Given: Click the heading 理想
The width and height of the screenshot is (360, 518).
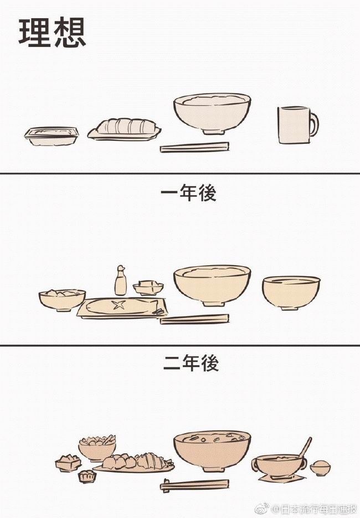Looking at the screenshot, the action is pyautogui.click(x=52, y=32).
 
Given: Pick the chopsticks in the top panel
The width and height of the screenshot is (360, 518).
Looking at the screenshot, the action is pyautogui.click(x=194, y=147).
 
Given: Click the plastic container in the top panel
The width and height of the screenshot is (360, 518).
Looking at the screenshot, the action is pyautogui.click(x=52, y=136).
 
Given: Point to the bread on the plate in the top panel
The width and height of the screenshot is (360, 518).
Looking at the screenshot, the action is pyautogui.click(x=126, y=126).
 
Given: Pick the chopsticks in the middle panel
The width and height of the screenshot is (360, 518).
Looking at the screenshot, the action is pyautogui.click(x=194, y=319).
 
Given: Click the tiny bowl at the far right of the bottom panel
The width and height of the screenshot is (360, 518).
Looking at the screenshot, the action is pyautogui.click(x=320, y=468).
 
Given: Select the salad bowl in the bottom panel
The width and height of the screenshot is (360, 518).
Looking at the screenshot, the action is pyautogui.click(x=97, y=447).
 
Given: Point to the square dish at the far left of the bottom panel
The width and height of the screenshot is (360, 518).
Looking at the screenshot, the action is pyautogui.click(x=68, y=463).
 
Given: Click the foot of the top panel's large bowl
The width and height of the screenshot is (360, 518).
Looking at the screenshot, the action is pyautogui.click(x=213, y=132).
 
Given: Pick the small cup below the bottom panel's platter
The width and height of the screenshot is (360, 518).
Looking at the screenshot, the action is pyautogui.click(x=87, y=476).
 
